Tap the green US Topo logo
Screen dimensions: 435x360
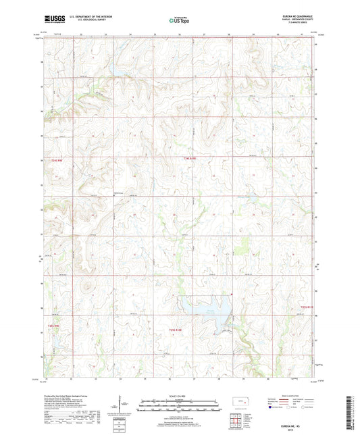[x=179, y=20]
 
